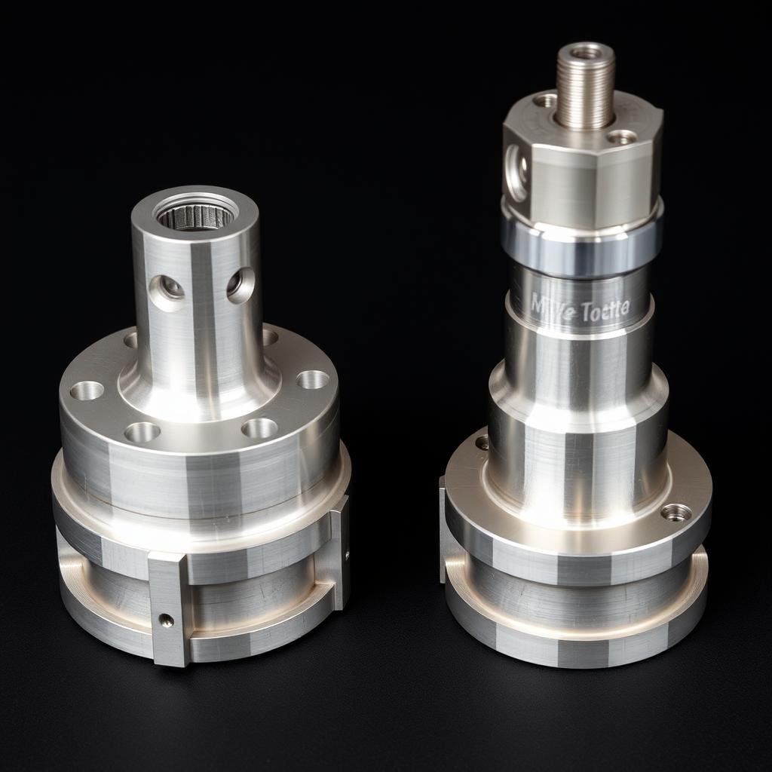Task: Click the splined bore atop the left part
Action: pos(195,215)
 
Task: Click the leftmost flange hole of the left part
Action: pos(87,390)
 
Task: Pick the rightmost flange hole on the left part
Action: pos(313,379)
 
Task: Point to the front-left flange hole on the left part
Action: pos(142,432)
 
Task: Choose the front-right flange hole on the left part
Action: pos(259,428)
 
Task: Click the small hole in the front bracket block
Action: pos(166,620)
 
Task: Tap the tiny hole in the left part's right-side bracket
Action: pos(347,556)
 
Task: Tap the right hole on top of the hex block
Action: pos(622,137)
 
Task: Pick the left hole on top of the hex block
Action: pos(544,100)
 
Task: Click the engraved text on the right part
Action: pos(580,308)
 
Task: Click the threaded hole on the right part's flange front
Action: pos(676,513)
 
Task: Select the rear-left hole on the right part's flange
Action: pos(482,443)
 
